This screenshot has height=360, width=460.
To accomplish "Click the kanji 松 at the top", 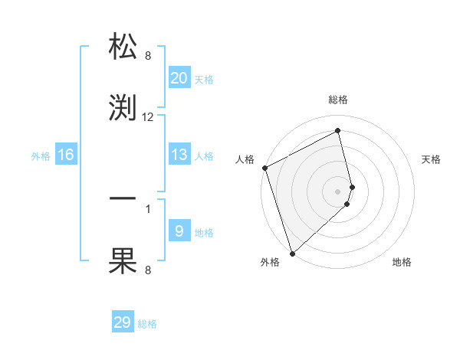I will (x=123, y=46).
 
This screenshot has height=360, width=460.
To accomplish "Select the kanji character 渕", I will (x=123, y=108).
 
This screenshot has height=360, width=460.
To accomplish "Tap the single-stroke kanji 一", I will (x=123, y=198).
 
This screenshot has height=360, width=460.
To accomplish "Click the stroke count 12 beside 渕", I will (x=148, y=117).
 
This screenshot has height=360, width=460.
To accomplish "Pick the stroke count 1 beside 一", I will (x=148, y=208).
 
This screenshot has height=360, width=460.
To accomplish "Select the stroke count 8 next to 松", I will (x=148, y=55).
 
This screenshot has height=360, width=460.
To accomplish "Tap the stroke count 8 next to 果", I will (x=148, y=270).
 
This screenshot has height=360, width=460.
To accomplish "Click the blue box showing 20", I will (x=179, y=77).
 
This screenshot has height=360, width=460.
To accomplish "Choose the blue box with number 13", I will (x=179, y=155).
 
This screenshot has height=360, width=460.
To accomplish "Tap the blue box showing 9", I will (x=179, y=231).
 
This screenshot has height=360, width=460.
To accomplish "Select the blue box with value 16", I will (x=66, y=155).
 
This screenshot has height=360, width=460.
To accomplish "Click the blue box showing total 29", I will (x=123, y=322).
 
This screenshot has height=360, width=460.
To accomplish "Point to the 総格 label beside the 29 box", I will (x=148, y=325).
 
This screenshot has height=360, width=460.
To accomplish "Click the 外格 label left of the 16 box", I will (x=41, y=156).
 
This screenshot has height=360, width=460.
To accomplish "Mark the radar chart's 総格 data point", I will (x=338, y=131).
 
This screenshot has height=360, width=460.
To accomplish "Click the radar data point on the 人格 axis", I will (x=264, y=168).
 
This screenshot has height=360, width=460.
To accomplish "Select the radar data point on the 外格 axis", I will (x=291, y=253).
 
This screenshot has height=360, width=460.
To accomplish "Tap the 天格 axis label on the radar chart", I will (x=432, y=159).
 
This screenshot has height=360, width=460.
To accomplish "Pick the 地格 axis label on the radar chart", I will (x=402, y=262).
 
